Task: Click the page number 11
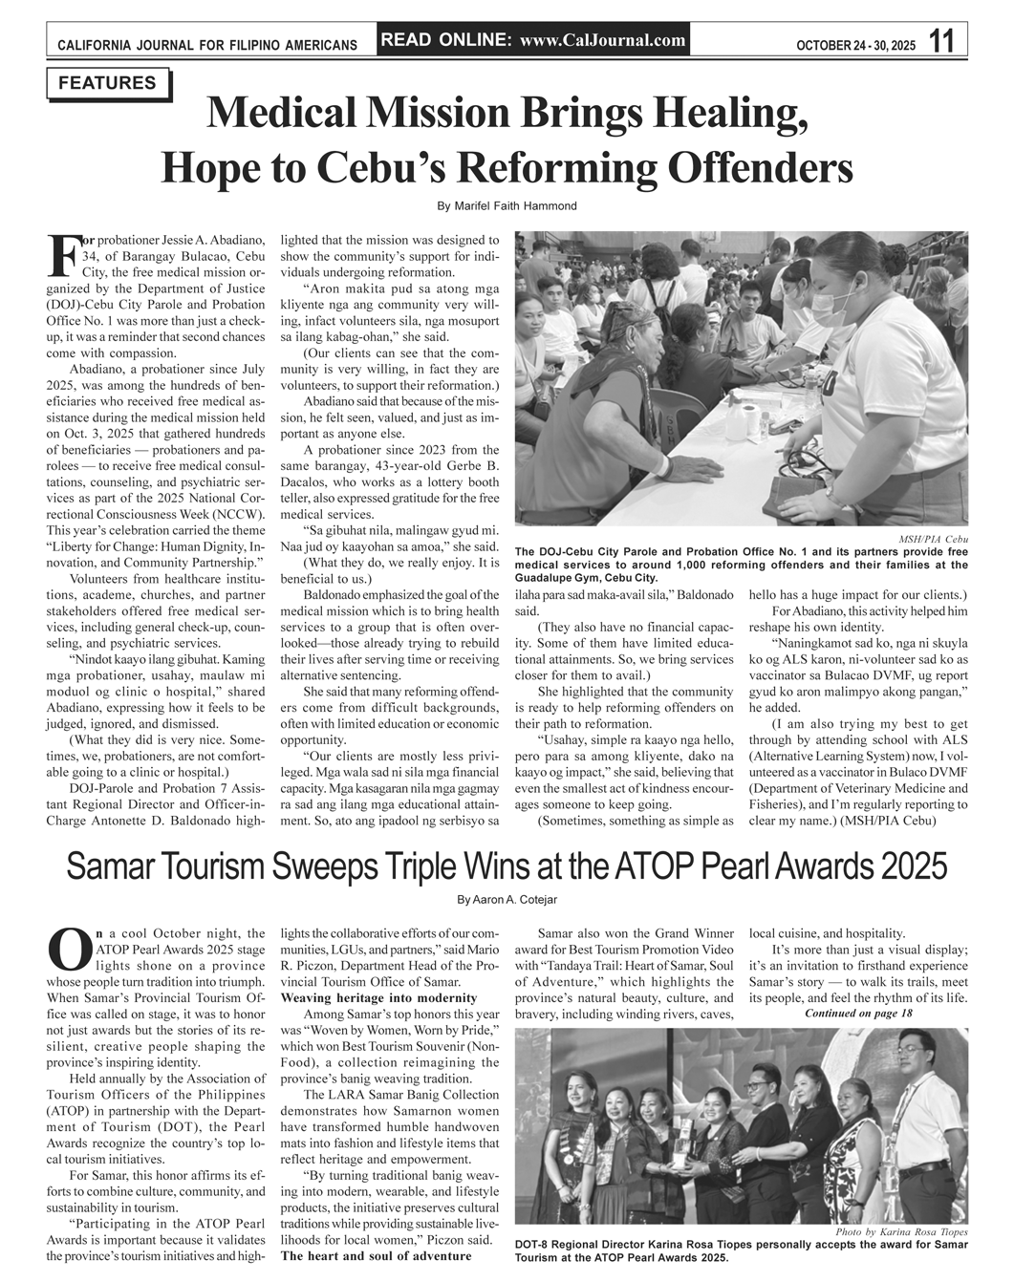click(x=941, y=41)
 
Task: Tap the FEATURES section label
click(x=107, y=83)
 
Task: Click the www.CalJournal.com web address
click(x=603, y=40)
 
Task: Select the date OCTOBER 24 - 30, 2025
click(x=855, y=45)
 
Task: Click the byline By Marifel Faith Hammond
click(x=507, y=206)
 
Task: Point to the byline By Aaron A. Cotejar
click(x=507, y=900)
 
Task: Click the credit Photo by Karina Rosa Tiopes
click(x=900, y=1232)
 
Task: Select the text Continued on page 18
click(x=858, y=1013)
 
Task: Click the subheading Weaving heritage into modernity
click(x=378, y=997)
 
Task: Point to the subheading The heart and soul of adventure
click(x=376, y=1255)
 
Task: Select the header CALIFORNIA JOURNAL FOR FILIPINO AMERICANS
click(x=207, y=45)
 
